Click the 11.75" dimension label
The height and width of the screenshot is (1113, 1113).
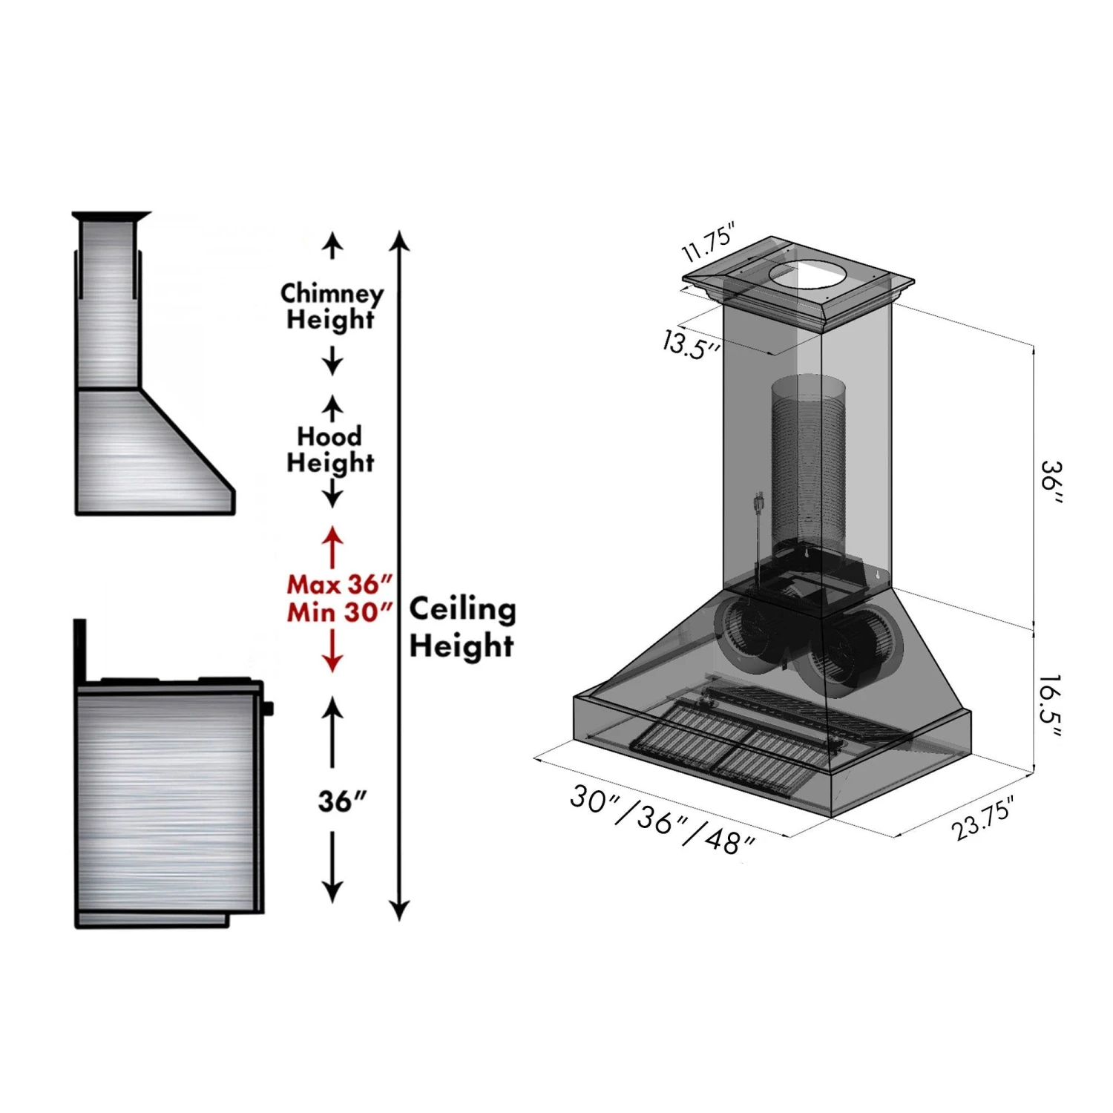coord(708,242)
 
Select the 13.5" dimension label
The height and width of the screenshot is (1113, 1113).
coord(691,345)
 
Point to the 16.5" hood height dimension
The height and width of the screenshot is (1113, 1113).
coord(1050,706)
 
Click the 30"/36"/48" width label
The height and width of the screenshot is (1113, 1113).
coord(662,820)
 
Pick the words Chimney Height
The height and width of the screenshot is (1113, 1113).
coord(332,306)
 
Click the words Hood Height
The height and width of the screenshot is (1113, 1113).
coord(330,449)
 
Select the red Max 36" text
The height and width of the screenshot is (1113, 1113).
coord(339,585)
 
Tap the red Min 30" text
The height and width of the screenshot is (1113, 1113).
coord(339,613)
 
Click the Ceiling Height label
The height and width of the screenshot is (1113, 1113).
coord(462,627)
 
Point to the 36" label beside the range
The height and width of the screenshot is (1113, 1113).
coord(342,801)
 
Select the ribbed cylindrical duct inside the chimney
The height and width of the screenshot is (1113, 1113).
coord(808,460)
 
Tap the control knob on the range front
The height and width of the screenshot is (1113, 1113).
coord(268,709)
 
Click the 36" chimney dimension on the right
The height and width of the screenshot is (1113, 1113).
coord(1051,482)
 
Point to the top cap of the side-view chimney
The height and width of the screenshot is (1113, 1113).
coord(111,216)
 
